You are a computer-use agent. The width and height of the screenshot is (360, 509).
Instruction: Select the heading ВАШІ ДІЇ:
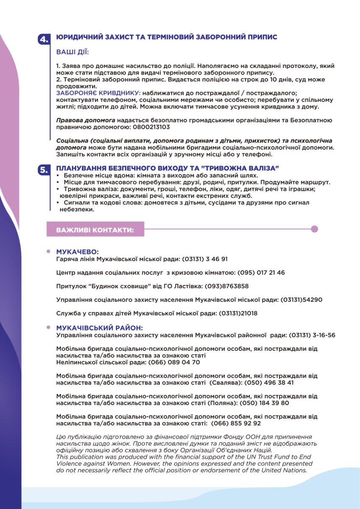(x=73, y=52)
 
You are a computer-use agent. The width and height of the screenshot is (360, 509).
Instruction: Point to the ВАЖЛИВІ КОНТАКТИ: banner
(x=95, y=229)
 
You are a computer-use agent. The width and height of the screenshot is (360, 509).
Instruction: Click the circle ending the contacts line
(x=314, y=229)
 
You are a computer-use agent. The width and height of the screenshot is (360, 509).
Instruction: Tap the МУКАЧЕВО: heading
(x=77, y=252)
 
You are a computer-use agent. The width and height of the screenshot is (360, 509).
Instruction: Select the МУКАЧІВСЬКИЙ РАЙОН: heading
(x=100, y=328)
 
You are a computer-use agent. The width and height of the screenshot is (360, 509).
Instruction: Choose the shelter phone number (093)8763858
(x=226, y=286)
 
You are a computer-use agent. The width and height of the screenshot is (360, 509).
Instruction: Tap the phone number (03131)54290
(x=301, y=300)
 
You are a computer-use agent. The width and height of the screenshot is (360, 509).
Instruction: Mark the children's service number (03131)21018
(x=238, y=313)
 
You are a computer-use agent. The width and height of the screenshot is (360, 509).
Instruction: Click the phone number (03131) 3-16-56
(x=312, y=335)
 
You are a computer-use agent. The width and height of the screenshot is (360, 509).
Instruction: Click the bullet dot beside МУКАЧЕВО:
(x=49, y=252)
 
